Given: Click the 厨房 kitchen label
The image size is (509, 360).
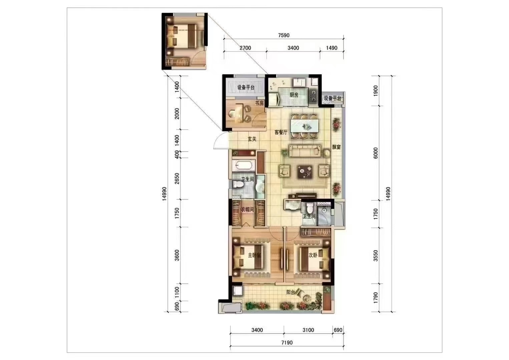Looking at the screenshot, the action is tap(294, 95).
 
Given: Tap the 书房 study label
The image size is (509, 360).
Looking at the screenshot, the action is tap(259, 103).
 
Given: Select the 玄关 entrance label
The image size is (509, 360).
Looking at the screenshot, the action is tap(252, 139).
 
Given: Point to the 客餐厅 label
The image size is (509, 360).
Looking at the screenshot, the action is tap(281, 132).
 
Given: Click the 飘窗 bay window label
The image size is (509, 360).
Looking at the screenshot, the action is tap(336, 147).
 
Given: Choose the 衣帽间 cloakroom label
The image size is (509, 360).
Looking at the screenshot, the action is tap(247, 209).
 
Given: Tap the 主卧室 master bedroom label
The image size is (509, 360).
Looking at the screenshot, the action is tap(255, 255).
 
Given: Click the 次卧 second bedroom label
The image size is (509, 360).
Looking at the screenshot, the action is tap(313, 255).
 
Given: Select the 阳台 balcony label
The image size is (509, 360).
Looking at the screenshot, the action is tap(291, 292).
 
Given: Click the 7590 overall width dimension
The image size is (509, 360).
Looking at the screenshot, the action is tap(284, 35).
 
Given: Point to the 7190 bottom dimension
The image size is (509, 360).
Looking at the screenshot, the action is tap(287, 343).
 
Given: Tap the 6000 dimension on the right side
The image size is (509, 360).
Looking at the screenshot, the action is tap(376, 153).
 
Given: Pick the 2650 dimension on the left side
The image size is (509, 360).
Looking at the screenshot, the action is tap(177, 178).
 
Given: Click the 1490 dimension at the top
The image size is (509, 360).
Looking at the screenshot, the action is tap(332, 48).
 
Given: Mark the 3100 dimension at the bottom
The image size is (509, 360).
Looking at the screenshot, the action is tap(308, 330).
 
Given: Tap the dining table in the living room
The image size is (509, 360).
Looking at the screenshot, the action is tap(305, 125).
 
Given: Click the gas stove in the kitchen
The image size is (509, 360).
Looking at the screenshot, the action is tap(313, 96).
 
